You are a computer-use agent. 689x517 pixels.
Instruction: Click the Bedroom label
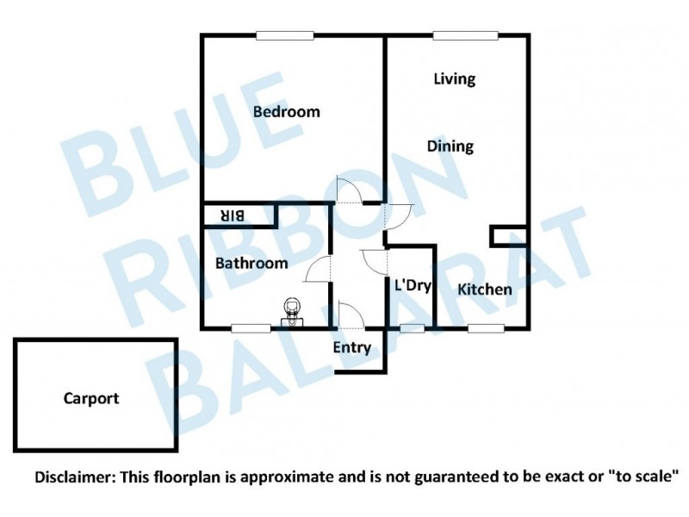tap(287, 112)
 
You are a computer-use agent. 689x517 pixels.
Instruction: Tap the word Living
tap(454, 79)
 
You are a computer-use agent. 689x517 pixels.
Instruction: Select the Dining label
tap(450, 146)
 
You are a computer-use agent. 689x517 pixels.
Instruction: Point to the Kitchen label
tap(484, 290)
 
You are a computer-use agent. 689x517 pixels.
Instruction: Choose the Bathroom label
tap(251, 263)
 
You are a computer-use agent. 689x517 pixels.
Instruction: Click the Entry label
tap(351, 348)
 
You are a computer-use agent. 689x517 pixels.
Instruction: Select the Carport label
tap(90, 399)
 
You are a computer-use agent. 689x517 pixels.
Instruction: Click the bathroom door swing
tap(319, 270)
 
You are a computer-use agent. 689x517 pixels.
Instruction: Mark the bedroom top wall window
tap(285, 35)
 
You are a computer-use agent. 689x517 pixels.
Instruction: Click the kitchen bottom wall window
tap(486, 327)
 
